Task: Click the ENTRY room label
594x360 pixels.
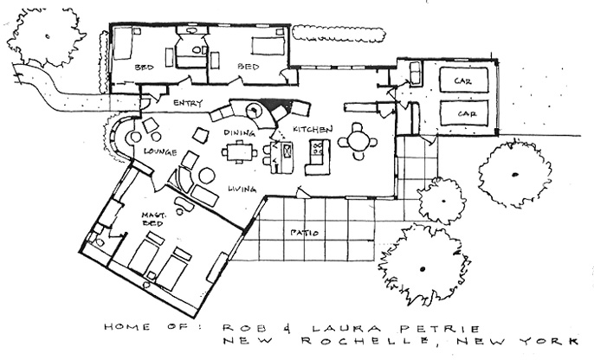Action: point(188,103)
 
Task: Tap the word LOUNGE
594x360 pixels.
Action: point(160,151)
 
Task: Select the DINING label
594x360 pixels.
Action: point(239,132)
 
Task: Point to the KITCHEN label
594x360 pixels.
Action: point(313,130)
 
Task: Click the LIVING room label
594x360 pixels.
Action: point(242,189)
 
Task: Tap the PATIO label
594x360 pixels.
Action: point(305,233)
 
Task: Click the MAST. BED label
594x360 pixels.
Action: point(153,219)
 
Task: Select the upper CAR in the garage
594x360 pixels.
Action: point(463,80)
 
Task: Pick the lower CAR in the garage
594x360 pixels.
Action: point(464,113)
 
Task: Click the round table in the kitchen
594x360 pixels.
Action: point(358,142)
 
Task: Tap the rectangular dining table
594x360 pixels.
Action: point(239,152)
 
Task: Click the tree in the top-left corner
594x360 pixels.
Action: point(46,36)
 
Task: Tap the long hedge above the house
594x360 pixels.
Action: point(339,33)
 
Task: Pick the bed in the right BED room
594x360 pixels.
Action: point(268,45)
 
